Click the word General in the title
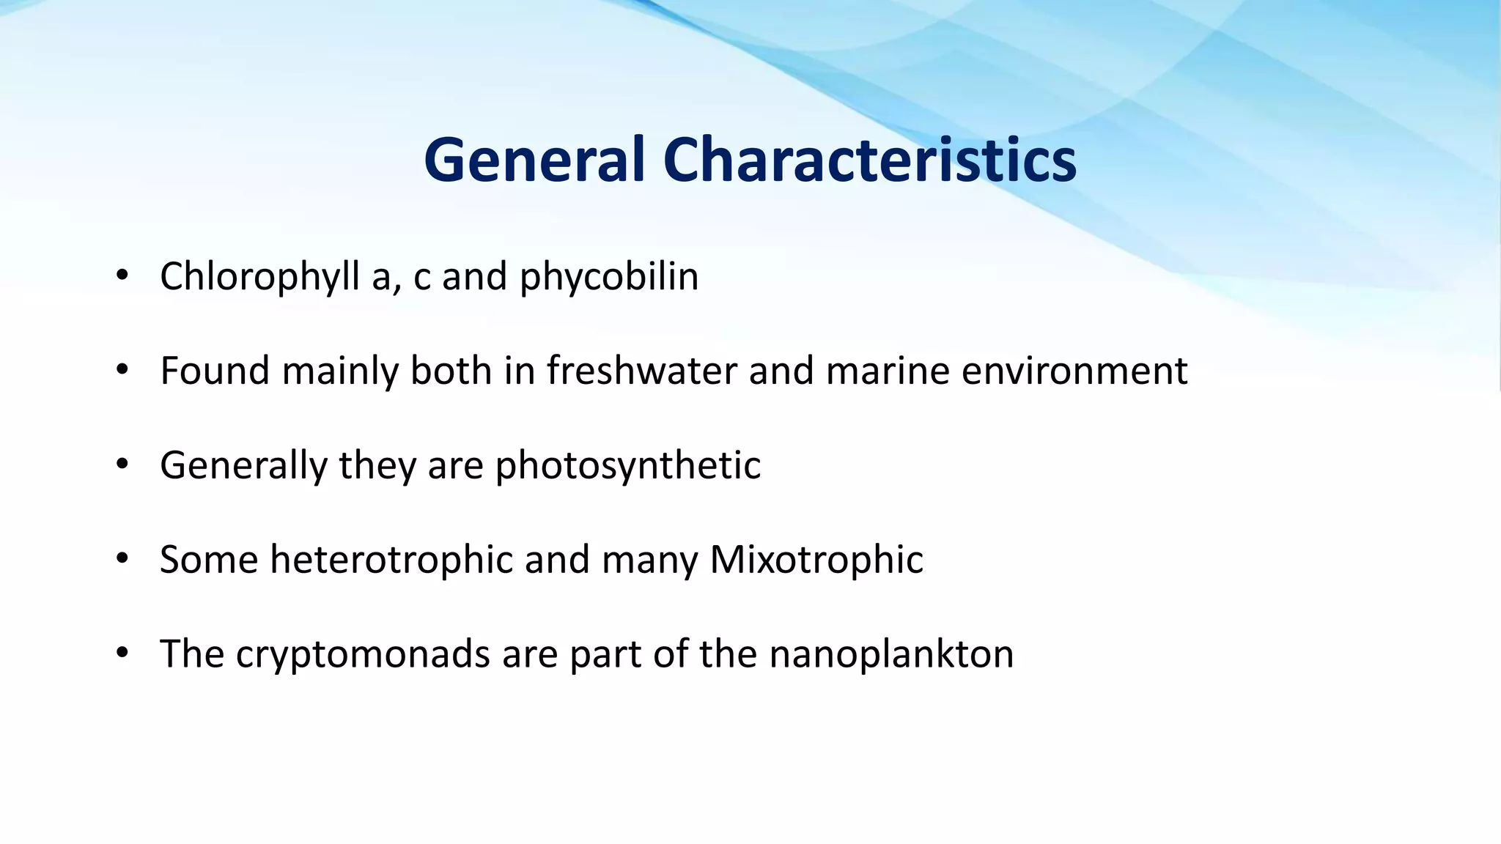pyautogui.click(x=534, y=160)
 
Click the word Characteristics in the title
pyautogui.click(x=869, y=160)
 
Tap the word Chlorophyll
pyautogui.click(x=259, y=277)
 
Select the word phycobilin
pyautogui.click(x=609, y=277)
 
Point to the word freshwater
pyautogui.click(x=641, y=371)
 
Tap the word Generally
pyautogui.click(x=243, y=465)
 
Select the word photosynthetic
pyautogui.click(x=628, y=465)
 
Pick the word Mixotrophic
pyautogui.click(x=816, y=560)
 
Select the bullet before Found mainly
pyautogui.click(x=122, y=371)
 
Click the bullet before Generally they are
pyautogui.click(x=122, y=465)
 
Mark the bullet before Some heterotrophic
pyautogui.click(x=122, y=560)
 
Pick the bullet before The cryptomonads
pyautogui.click(x=122, y=654)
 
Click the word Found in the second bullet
pyautogui.click(x=215, y=371)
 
